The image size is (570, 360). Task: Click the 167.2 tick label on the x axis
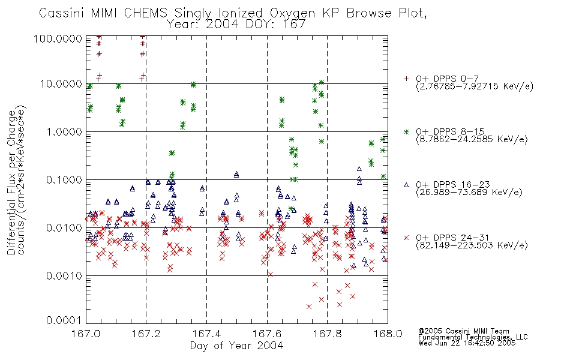tap(146, 334)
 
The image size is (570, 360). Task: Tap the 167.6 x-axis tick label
tap(267, 334)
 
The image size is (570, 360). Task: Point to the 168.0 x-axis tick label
tap(388, 334)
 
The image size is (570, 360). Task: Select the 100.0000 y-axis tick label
tap(58, 38)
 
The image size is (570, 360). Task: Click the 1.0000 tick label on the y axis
tap(64, 131)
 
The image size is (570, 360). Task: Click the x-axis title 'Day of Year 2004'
tap(236, 346)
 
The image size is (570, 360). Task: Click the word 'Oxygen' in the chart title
tap(292, 13)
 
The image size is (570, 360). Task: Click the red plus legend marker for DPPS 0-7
tap(406, 78)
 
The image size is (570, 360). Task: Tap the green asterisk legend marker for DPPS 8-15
tap(406, 131)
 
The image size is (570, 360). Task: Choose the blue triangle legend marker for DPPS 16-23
tap(406, 185)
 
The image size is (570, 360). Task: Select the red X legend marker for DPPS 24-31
tap(406, 238)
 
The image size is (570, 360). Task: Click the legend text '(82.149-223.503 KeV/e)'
tap(472, 245)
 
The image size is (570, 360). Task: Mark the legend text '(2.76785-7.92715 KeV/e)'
tap(475, 86)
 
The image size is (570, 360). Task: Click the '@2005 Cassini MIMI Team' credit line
tap(464, 331)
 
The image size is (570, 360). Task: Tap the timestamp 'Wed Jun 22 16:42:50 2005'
tap(467, 343)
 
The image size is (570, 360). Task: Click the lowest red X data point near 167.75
tap(309, 307)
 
